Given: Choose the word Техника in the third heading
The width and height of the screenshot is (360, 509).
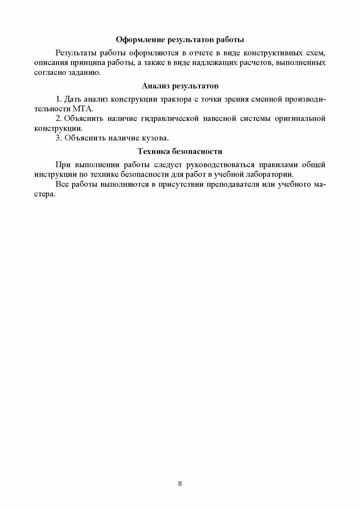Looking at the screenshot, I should (153, 151).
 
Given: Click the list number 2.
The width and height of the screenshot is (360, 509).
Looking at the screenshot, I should (58, 118).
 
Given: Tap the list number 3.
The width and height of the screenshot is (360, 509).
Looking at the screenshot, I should (58, 138).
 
